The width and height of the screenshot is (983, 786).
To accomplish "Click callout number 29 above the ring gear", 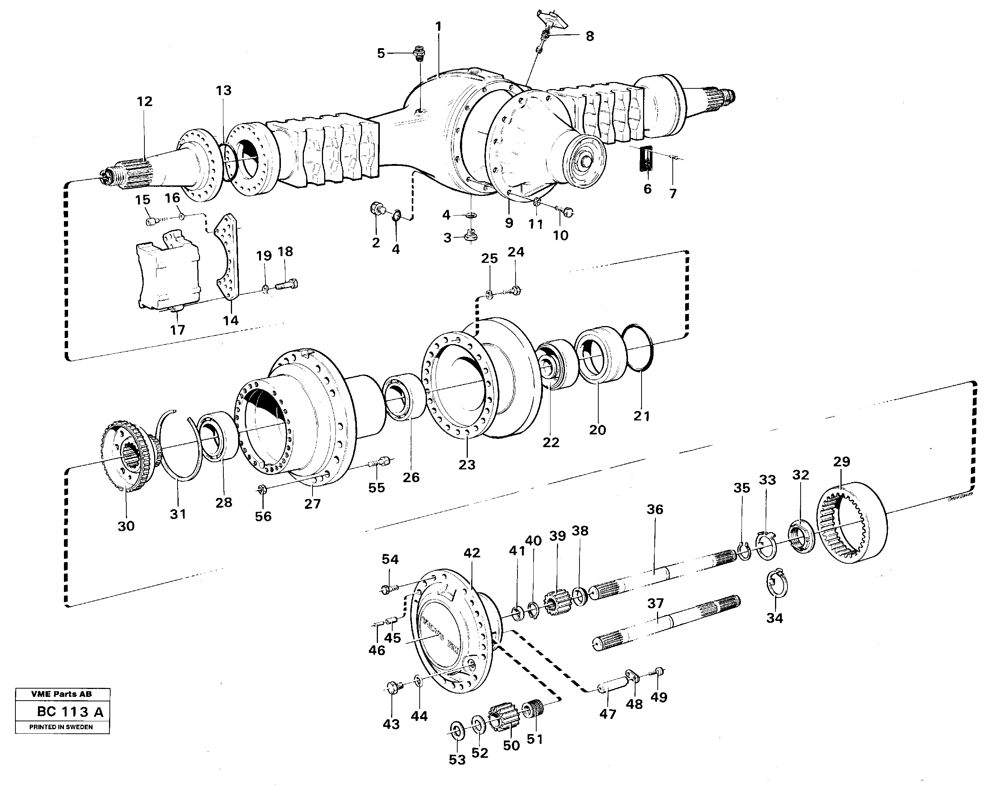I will click(x=841, y=461).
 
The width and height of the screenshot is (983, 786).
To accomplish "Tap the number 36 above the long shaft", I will click(x=655, y=509).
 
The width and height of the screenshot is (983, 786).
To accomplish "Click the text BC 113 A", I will click(x=70, y=712).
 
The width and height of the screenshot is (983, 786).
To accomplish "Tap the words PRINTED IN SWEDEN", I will click(x=61, y=727).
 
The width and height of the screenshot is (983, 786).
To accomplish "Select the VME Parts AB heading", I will click(x=62, y=694).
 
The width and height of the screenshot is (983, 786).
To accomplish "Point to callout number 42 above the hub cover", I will click(x=472, y=552).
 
